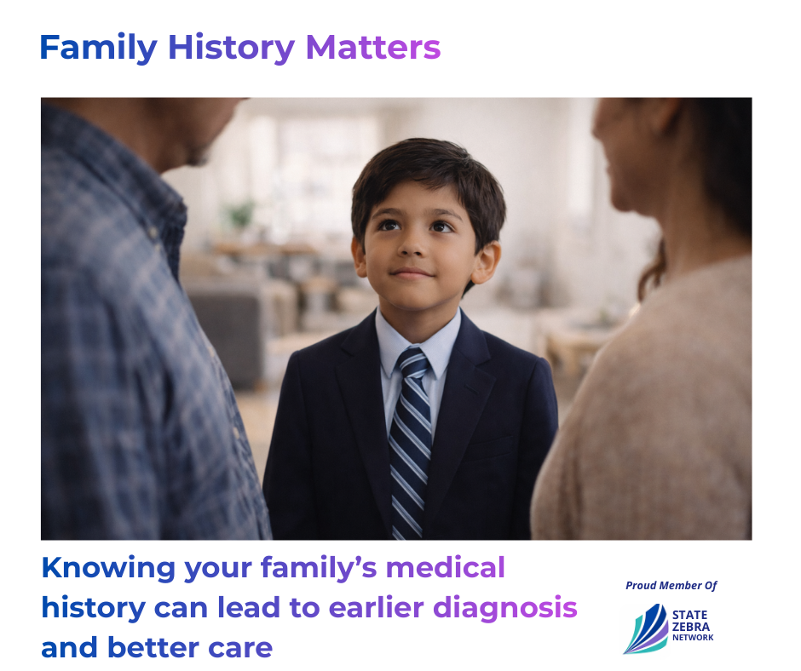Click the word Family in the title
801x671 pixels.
[99, 48]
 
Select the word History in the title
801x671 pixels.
[232, 48]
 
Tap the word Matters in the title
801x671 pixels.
[373, 47]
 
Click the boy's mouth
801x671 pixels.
[412, 273]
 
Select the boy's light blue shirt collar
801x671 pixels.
[418, 342]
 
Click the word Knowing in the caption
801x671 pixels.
[108, 569]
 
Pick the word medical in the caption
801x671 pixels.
[445, 567]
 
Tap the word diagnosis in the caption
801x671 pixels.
[504, 609]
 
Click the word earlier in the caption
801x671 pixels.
[376, 608]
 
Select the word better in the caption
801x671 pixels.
[153, 647]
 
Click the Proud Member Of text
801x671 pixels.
[671, 585]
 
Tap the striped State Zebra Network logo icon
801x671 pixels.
[646, 629]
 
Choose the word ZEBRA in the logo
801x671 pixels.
[691, 627]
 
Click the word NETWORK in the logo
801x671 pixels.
[693, 637]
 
